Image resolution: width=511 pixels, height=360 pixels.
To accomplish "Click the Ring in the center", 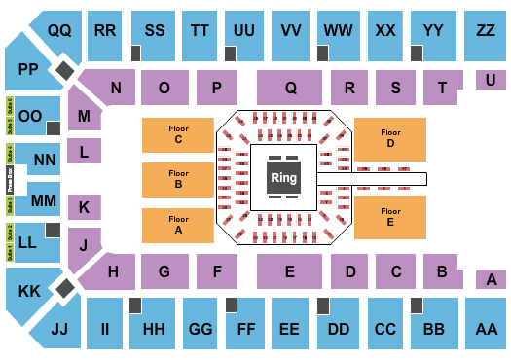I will (x=283, y=178).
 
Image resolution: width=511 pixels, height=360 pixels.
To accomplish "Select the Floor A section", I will (x=178, y=225).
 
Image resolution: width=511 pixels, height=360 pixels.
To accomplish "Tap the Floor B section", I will (x=178, y=179).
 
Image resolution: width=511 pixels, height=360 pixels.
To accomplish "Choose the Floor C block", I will (x=178, y=134).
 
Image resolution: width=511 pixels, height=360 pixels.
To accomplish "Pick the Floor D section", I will (x=390, y=138).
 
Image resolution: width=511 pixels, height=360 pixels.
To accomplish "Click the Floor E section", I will (x=390, y=216).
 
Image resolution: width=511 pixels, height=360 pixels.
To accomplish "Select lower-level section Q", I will (x=290, y=88).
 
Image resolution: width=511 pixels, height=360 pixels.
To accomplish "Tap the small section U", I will (x=491, y=80).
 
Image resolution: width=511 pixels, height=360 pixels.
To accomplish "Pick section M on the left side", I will (x=85, y=117).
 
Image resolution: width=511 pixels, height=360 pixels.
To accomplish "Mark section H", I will (x=114, y=271).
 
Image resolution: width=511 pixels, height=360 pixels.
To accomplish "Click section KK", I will (x=28, y=291).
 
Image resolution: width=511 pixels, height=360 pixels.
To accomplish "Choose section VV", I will (x=290, y=31).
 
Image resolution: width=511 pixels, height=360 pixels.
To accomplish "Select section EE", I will (x=289, y=329).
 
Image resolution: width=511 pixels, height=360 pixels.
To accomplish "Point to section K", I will (x=85, y=207).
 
